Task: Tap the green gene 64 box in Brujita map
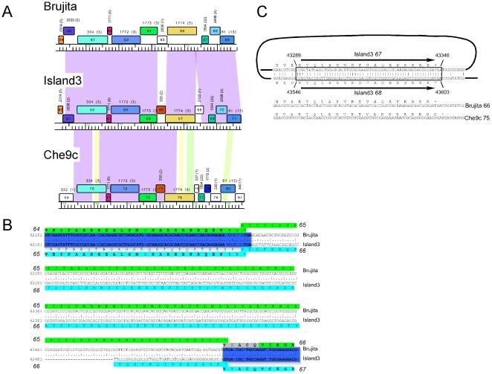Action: pos(149,30)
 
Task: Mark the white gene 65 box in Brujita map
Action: pos(162,39)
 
